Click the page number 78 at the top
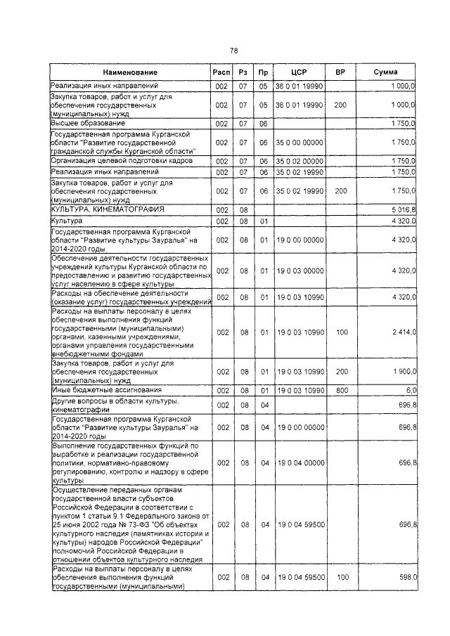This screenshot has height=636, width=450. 235,50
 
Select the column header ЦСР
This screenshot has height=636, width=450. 299,73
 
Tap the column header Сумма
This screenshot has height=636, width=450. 386,73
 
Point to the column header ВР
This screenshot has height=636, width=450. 340,73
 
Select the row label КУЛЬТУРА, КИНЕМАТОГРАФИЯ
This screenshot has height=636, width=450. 107,209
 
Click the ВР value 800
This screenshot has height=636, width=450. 340,390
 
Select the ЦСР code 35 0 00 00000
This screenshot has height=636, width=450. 299,142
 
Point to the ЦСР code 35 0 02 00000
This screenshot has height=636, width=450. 299,161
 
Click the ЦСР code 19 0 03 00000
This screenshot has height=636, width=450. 299,271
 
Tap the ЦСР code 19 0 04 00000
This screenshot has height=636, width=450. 299,463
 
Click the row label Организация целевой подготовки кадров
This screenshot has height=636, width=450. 113,160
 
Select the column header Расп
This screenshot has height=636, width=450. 221,73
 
